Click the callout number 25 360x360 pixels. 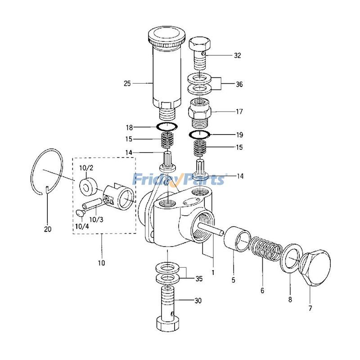click(127, 83)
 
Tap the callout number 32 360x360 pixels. click(238, 55)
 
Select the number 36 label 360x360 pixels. click(239, 84)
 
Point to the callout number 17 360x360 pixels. click(239, 112)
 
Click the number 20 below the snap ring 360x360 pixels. click(48, 229)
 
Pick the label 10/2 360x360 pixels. click(86, 168)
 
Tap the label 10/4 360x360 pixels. click(82, 226)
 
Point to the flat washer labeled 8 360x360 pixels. click(290, 258)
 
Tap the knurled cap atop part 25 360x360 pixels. click(166, 36)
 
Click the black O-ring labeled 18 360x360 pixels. click(167, 126)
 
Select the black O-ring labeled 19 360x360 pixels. click(199, 134)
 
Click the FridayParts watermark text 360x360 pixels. click(179, 179)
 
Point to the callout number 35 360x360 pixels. click(199, 279)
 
